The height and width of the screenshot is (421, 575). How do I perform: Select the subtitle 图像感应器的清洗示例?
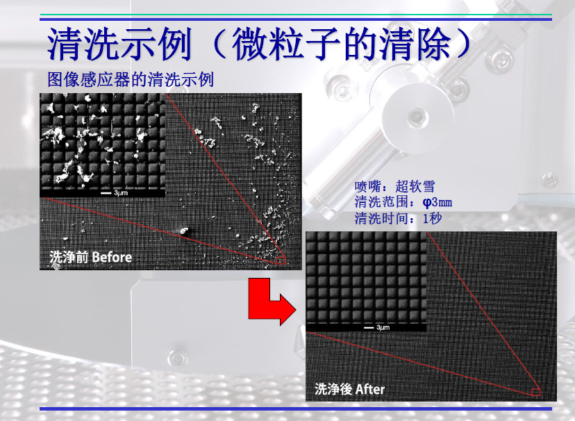click(x=131, y=79)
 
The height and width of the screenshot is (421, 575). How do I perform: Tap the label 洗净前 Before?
click(x=90, y=257)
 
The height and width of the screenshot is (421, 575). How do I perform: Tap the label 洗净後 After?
click(x=349, y=389)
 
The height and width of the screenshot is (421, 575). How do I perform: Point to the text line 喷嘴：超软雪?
click(x=394, y=186)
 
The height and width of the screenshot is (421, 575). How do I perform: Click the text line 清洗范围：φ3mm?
click(x=403, y=202)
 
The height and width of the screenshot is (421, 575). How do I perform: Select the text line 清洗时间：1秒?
click(x=398, y=218)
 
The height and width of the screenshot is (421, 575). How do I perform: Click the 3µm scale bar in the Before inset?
click(x=106, y=193)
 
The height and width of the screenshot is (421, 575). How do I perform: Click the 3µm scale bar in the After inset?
click(x=369, y=327)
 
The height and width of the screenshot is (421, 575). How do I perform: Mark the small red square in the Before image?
click(x=281, y=261)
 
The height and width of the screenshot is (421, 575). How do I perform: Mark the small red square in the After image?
click(x=535, y=392)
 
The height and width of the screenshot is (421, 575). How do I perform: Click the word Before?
click(x=112, y=257)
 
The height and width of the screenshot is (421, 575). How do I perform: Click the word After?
click(x=370, y=389)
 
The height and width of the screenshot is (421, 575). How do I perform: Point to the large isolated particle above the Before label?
click(x=184, y=231)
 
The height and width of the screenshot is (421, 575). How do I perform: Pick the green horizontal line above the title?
click(x=296, y=15)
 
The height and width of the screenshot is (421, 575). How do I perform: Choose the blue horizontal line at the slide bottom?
click(x=296, y=408)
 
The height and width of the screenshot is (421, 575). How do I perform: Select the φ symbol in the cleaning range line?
click(x=426, y=202)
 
